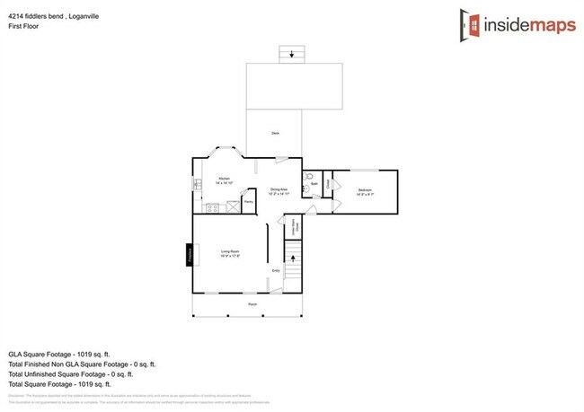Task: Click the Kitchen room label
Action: pyautogui.click(x=225, y=179)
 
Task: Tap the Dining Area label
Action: pyautogui.click(x=278, y=190)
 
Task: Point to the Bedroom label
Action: pyautogui.click(x=365, y=190)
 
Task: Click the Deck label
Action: pyautogui.click(x=275, y=133)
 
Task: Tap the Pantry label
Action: pyautogui.click(x=248, y=202)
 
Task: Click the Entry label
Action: pyautogui.click(x=276, y=269)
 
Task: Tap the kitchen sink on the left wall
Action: pyautogui.click(x=195, y=185)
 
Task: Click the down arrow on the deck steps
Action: pyautogui.click(x=290, y=54)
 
